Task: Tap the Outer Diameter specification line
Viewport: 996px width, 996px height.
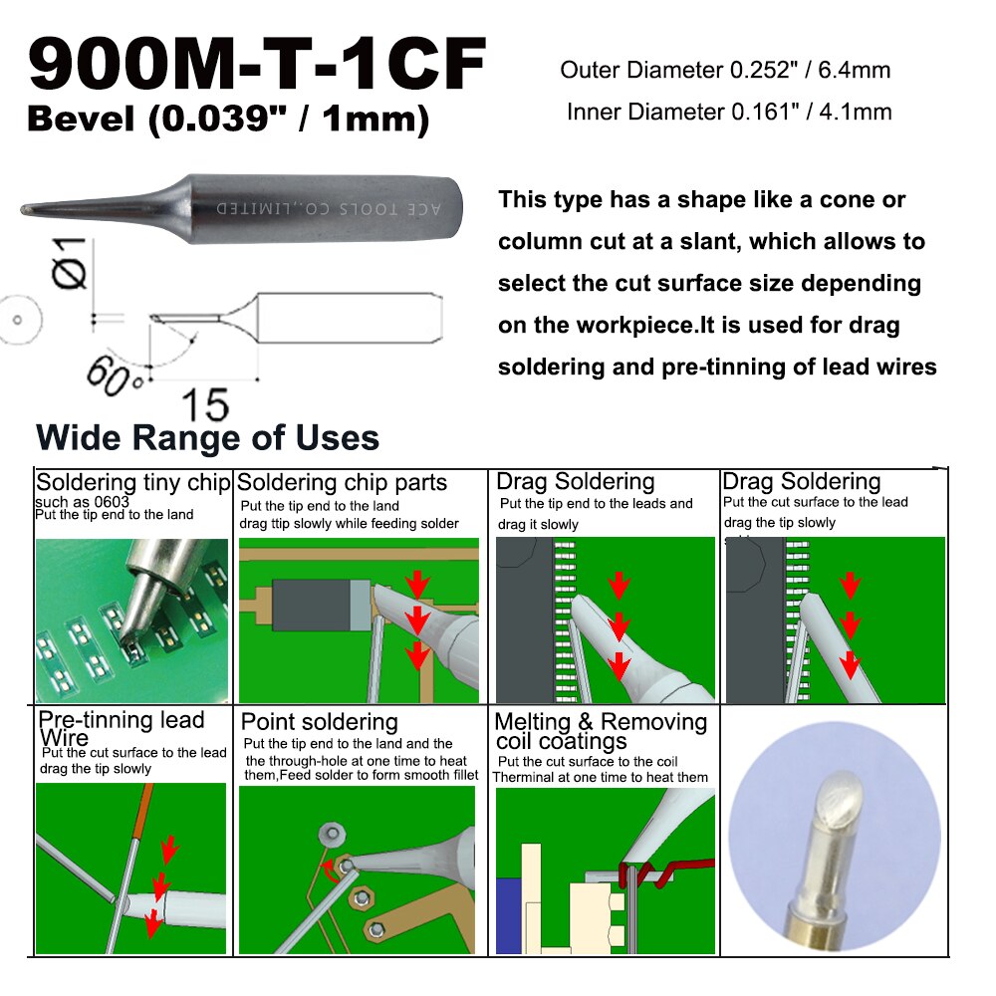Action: point(725,70)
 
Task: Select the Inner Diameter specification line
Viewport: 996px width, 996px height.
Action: point(728,112)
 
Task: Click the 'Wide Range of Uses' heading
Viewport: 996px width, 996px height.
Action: point(207,437)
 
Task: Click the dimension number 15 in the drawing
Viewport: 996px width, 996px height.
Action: point(204,404)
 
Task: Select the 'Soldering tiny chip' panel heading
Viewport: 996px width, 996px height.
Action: point(132,483)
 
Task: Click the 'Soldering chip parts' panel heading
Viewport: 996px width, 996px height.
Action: point(343,483)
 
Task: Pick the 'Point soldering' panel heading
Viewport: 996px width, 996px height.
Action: point(319,722)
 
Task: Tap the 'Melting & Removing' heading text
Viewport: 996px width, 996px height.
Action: point(601,722)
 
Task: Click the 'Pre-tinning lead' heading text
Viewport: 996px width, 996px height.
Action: point(121,720)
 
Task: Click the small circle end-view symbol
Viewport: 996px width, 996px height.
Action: point(17,320)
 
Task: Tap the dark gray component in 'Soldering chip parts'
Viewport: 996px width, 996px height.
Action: point(312,605)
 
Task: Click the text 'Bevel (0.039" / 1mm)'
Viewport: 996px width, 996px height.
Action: point(228,119)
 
